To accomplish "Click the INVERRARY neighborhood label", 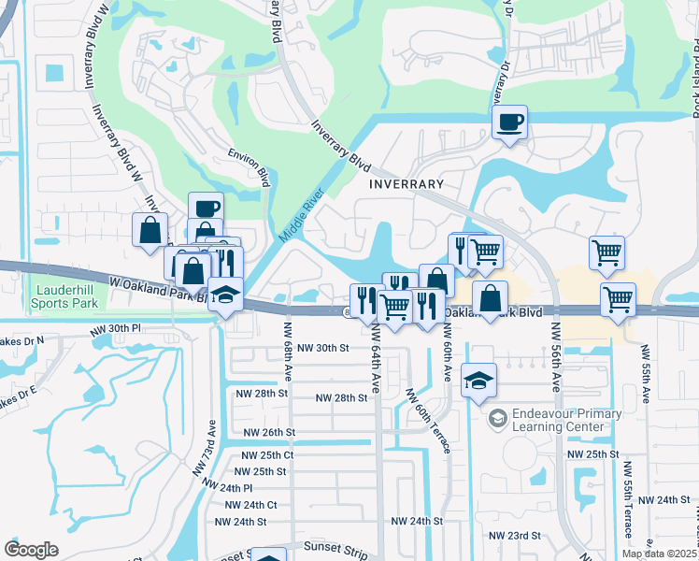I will (403, 184).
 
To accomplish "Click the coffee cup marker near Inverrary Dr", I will (509, 123).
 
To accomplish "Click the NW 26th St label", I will (269, 433).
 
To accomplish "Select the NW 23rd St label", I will (519, 536).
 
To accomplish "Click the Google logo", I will (31, 550).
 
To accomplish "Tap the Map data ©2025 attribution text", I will (659, 554).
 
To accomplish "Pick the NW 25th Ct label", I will (268, 454).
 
